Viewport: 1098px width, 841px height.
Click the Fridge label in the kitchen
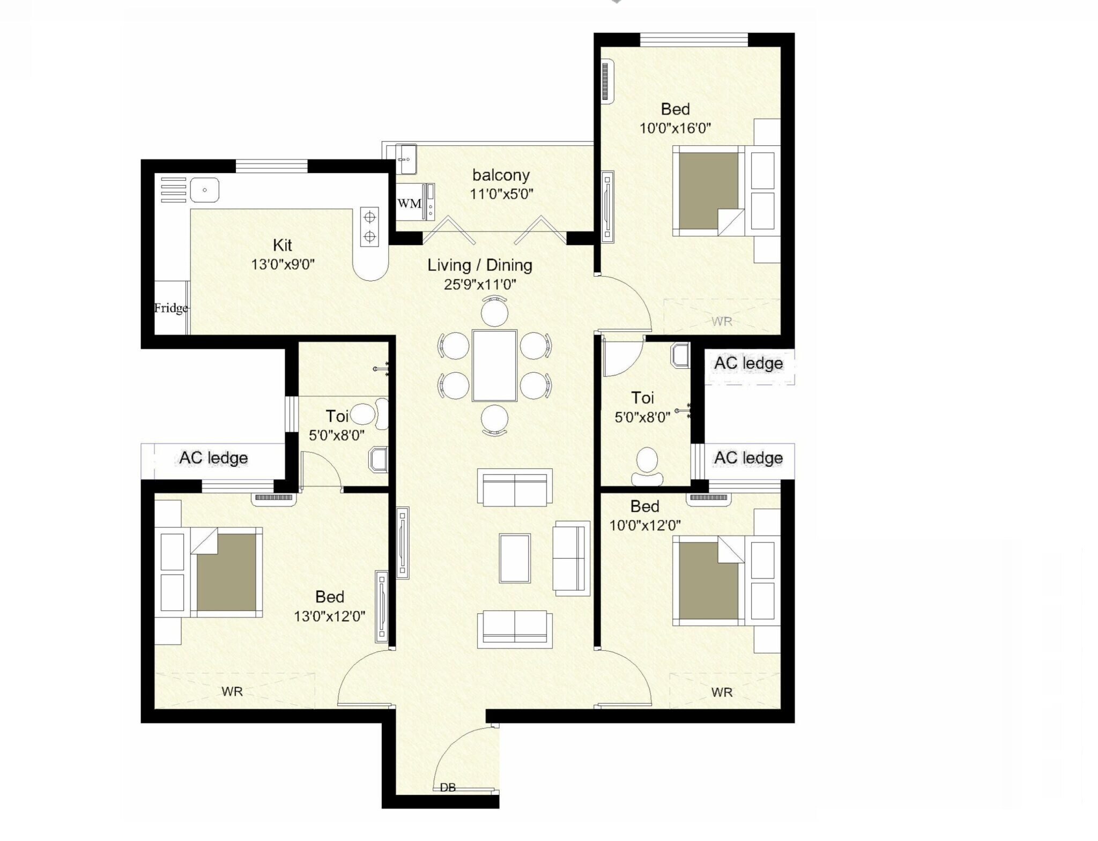(170, 308)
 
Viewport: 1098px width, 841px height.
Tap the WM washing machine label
(409, 204)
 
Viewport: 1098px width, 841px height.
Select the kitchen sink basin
(205, 190)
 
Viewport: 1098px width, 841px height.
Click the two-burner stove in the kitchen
(369, 226)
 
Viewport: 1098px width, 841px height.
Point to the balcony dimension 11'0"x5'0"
(501, 194)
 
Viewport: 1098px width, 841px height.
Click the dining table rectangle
(494, 365)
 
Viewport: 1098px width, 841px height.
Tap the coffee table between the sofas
(515, 558)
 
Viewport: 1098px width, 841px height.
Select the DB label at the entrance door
(448, 787)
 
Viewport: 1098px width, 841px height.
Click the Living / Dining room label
(479, 265)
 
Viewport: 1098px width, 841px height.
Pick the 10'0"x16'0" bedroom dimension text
(675, 128)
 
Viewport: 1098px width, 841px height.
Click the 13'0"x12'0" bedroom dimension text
(329, 616)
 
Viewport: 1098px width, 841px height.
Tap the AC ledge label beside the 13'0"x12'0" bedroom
(213, 458)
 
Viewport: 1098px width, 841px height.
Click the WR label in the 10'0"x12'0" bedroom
(722, 693)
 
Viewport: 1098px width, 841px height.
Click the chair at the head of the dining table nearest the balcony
(494, 311)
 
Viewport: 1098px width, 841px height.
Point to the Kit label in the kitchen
(283, 245)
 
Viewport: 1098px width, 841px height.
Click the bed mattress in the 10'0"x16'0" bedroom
(708, 190)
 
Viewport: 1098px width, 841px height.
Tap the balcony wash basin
(406, 159)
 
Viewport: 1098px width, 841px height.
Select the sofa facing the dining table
(515, 487)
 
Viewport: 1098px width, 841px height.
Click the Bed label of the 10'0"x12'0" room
(644, 506)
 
